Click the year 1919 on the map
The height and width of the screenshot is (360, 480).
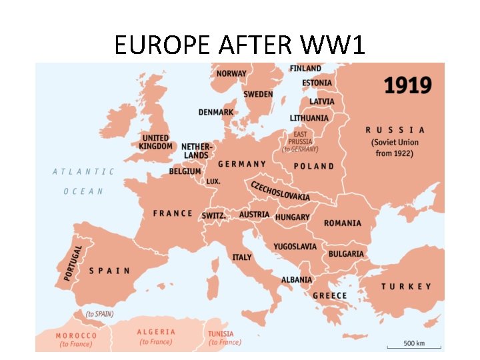[x=407, y=85]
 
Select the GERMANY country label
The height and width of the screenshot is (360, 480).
[x=242, y=164]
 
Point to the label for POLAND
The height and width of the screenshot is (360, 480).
[x=313, y=166]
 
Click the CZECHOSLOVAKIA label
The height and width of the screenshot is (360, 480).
[x=280, y=190]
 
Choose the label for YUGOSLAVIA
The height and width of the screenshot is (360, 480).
[x=295, y=247]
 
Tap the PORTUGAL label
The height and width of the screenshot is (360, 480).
[x=74, y=262]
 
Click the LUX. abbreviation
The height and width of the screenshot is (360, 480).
[x=213, y=181]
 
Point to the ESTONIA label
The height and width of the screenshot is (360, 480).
[x=317, y=83]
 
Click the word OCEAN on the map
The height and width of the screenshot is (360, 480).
[x=83, y=191]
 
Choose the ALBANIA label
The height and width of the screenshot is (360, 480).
[x=296, y=280]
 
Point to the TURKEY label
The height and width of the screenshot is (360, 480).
[x=406, y=287]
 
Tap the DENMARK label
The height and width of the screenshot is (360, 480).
[x=216, y=112]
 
